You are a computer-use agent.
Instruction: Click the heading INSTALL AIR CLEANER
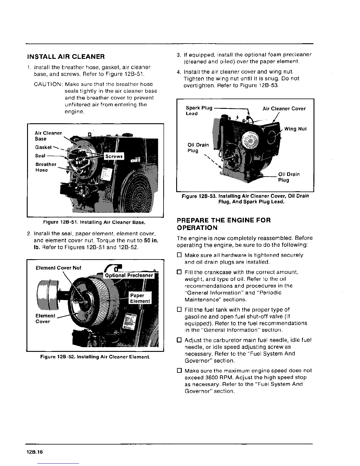(66, 56)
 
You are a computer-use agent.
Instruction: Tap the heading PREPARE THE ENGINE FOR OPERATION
(224, 224)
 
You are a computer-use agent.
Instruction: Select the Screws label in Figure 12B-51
(114, 156)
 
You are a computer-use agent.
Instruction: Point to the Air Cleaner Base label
(48, 136)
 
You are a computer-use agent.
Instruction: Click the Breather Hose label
(46, 167)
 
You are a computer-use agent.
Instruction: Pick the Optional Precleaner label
(129, 275)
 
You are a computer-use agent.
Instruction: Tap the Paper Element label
(140, 298)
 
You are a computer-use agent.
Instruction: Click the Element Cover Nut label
(58, 268)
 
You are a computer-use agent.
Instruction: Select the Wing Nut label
(295, 129)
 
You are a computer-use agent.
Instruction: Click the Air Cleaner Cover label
(284, 109)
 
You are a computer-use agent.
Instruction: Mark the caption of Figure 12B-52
(95, 357)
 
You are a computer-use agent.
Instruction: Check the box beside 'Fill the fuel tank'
(179, 309)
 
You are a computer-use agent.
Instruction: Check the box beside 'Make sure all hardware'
(179, 255)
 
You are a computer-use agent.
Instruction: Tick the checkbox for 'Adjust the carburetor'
(179, 340)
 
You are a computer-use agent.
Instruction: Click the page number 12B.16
(34, 452)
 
